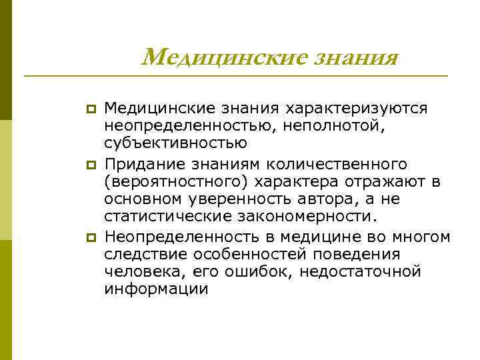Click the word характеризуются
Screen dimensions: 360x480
pos(357,107)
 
